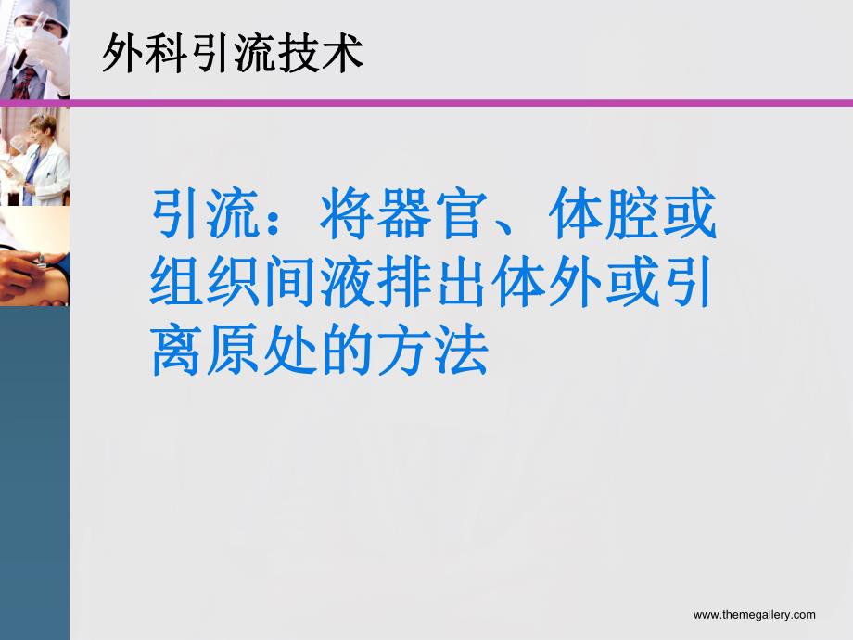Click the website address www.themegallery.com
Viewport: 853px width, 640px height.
754,614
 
